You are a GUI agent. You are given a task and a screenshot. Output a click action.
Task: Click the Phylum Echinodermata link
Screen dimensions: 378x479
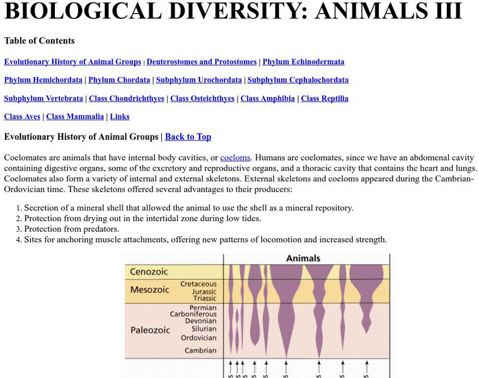[x=303, y=62]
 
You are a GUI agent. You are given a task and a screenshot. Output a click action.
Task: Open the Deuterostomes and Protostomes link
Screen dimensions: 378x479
[x=202, y=62]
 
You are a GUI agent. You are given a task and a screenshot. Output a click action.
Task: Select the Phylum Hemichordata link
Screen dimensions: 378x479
[x=43, y=80]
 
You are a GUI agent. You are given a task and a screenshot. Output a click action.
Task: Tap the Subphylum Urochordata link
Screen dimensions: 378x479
[x=199, y=80]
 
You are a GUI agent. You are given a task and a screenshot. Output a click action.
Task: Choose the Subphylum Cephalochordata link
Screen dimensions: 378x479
[x=297, y=80]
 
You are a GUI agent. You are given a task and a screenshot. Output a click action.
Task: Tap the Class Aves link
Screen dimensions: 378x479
[x=22, y=117]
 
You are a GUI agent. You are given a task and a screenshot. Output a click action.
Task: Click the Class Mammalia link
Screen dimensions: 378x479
[x=75, y=117]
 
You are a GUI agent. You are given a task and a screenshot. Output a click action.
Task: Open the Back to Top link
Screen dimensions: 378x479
[x=188, y=137]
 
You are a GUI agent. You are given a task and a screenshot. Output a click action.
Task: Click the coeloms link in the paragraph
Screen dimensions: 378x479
[x=235, y=157]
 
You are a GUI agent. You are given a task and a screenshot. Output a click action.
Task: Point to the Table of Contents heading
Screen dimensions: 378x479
[x=39, y=41]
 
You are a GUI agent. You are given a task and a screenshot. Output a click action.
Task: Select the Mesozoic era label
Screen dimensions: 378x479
[x=149, y=290]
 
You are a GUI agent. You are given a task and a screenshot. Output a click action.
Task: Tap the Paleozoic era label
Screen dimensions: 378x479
[x=150, y=330]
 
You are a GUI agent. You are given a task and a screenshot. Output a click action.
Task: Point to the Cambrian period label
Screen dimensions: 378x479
[x=200, y=350]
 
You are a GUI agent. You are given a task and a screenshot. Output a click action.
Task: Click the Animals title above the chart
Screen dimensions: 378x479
[x=303, y=258]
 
